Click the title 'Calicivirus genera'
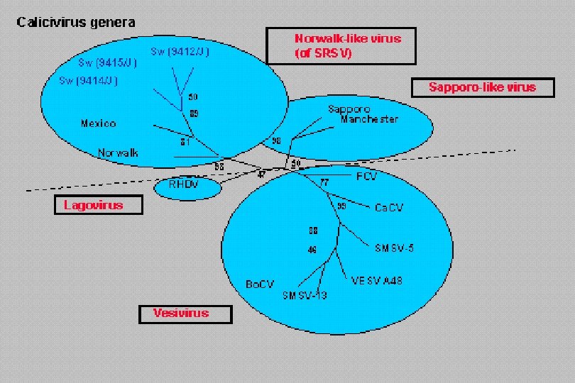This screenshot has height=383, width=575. (76, 22)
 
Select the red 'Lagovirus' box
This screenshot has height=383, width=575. (99, 206)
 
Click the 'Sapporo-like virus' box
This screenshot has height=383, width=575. (483, 87)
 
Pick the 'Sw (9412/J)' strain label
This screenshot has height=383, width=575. (180, 52)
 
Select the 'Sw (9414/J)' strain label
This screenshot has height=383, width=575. (88, 81)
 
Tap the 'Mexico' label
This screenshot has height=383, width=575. (98, 123)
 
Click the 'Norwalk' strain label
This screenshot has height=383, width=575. (119, 152)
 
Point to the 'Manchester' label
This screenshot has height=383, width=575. (369, 119)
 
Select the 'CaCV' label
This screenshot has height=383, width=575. (389, 208)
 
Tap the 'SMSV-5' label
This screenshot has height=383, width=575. (394, 248)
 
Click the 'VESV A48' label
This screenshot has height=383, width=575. (377, 281)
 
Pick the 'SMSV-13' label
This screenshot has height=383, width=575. (305, 296)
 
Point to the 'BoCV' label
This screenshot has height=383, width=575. (259, 284)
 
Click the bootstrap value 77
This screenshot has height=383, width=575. (325, 183)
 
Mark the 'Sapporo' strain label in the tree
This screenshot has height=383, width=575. (349, 109)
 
